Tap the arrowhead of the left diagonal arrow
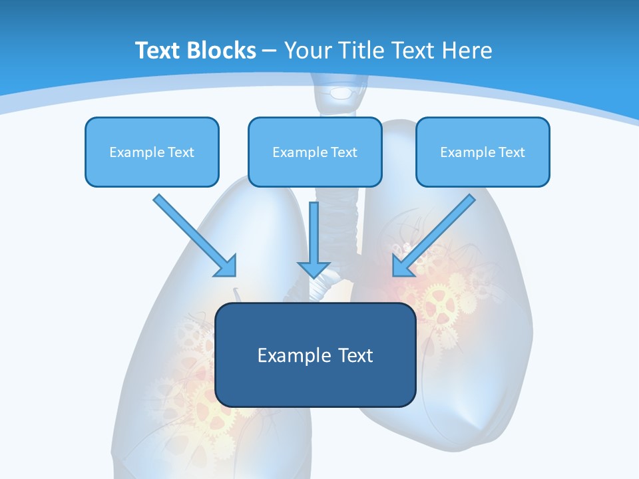tap(226, 266)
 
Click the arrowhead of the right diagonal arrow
tap(402, 266)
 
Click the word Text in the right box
tap(512, 152)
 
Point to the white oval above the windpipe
tap(341, 92)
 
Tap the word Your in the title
tap(304, 51)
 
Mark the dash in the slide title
tap(270, 51)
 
